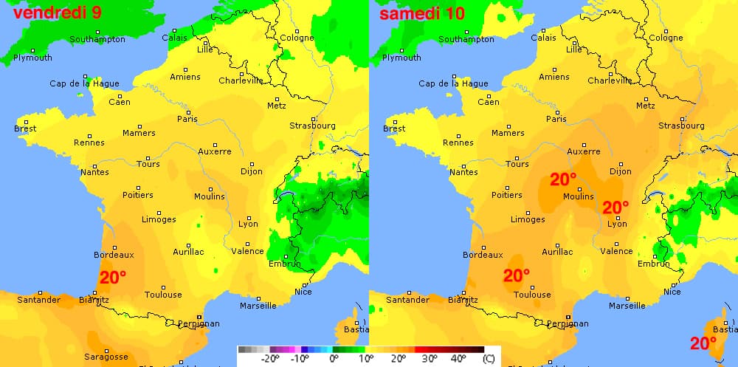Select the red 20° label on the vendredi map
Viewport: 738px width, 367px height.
[x=113, y=278]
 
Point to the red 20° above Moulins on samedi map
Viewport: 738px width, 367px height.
[x=563, y=179]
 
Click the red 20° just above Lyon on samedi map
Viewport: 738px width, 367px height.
[x=615, y=207]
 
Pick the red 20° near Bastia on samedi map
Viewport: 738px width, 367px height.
[x=703, y=343]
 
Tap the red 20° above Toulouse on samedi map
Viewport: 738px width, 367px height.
[x=517, y=276]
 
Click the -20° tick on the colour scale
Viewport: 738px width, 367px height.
[x=269, y=359]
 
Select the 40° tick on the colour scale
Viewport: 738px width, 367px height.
[x=458, y=359]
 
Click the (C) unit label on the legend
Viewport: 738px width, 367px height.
[x=489, y=359]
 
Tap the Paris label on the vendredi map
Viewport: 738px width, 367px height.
[x=187, y=119]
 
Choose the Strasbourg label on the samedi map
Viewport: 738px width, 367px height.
[x=682, y=126]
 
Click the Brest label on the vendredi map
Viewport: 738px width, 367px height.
[x=25, y=128]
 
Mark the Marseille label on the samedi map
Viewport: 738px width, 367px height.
[x=627, y=305]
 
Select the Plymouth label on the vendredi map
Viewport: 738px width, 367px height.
[x=33, y=58]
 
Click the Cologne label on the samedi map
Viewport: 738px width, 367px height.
[x=666, y=38]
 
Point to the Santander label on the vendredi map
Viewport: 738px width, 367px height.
[x=38, y=300]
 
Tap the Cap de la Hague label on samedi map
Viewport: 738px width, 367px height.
[x=453, y=83]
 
